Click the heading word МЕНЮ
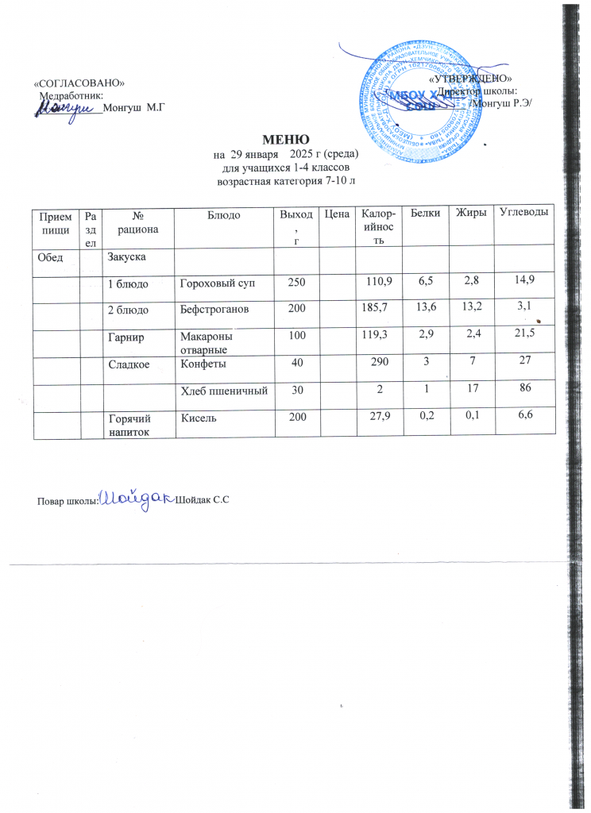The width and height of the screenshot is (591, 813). (x=280, y=140)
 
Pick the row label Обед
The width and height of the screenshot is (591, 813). (x=48, y=256)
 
